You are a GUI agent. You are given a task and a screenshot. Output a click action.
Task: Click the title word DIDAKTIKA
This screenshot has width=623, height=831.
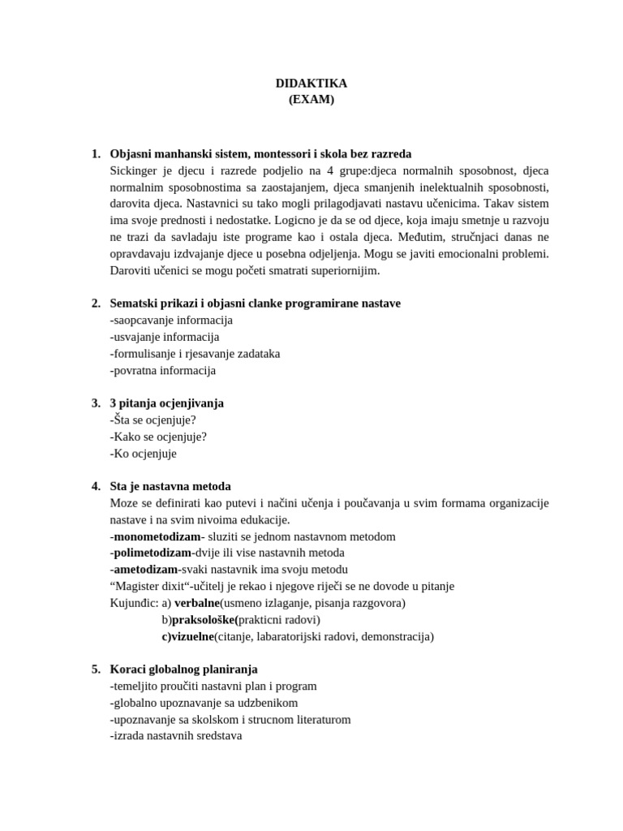tap(311, 84)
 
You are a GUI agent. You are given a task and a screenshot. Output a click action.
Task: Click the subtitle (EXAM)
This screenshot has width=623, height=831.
tap(311, 100)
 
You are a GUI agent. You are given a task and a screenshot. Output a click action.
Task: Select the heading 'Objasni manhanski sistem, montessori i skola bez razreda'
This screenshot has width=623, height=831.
tap(260, 153)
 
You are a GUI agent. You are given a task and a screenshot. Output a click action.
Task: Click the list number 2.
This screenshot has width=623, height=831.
tap(96, 303)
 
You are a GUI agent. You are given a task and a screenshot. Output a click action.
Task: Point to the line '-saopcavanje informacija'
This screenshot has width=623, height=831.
tap(171, 320)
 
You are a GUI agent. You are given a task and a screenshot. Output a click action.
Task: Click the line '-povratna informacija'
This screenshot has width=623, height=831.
tap(163, 370)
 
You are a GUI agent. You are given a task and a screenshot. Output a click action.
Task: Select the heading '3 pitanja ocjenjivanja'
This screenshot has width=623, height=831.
tap(166, 403)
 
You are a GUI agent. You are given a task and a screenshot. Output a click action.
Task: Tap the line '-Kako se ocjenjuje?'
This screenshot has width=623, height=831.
tap(158, 437)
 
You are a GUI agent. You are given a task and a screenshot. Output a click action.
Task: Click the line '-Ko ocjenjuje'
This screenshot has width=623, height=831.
tap(143, 454)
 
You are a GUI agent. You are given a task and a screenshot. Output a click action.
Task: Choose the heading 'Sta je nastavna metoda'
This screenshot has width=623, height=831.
tap(170, 486)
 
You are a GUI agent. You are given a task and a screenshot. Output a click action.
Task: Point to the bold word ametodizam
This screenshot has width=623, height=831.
tap(145, 570)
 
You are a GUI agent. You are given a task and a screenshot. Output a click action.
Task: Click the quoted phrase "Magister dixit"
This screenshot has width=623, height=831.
tap(149, 586)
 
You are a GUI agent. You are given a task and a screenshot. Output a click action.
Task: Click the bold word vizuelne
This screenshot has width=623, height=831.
tap(193, 636)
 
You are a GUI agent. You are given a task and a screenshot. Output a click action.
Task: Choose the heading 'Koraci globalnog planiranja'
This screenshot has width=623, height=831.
tap(183, 669)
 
